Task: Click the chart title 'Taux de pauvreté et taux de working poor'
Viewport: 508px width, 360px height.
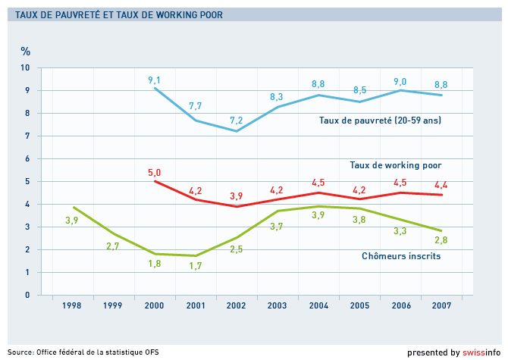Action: (119, 15)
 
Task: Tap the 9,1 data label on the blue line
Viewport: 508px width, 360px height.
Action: (154, 80)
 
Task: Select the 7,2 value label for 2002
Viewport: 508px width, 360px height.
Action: (236, 121)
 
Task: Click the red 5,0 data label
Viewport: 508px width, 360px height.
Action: (154, 173)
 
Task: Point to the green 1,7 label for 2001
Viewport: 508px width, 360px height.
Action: (196, 266)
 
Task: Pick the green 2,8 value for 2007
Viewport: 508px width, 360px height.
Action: (441, 240)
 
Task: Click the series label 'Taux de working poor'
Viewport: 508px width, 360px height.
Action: (396, 165)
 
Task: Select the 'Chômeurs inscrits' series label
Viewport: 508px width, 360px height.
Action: (401, 256)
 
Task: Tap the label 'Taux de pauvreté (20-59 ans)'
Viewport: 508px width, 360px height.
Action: (380, 121)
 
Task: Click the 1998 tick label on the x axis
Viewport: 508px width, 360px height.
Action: (71, 305)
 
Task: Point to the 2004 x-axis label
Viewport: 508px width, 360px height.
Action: (318, 305)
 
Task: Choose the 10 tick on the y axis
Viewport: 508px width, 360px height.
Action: (25, 67)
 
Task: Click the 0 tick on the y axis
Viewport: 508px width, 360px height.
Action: (27, 295)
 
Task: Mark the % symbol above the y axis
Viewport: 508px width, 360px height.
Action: (25, 51)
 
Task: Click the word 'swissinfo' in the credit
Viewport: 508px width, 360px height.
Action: (481, 352)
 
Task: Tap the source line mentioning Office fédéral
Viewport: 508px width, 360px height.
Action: (83, 352)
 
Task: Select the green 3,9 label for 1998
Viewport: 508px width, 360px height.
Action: (71, 221)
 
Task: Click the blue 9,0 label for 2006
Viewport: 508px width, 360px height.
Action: (400, 82)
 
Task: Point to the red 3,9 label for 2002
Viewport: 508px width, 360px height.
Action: (236, 196)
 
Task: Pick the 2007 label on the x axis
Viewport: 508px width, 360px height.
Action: (441, 305)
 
